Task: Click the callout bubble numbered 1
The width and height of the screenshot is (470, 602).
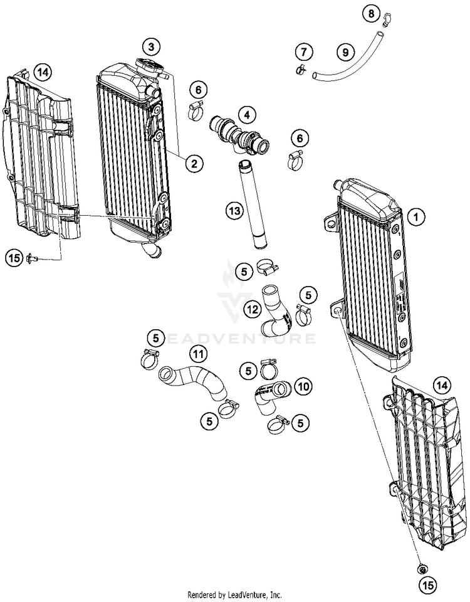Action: coord(414,218)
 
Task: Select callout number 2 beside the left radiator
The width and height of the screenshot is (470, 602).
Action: coord(194,164)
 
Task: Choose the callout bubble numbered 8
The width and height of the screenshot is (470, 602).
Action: coord(370,13)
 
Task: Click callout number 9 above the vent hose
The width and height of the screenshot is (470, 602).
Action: coord(344,53)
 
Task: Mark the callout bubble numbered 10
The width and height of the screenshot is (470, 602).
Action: coord(303,387)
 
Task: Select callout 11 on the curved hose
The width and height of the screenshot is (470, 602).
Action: coord(198,355)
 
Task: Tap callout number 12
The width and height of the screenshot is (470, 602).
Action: coord(251,308)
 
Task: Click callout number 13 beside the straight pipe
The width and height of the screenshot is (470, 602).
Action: coord(234,212)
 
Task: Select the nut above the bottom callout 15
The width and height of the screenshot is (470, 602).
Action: coord(422,569)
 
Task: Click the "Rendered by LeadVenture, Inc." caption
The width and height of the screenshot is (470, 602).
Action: coord(235,594)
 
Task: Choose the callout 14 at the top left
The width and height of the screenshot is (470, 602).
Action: coord(42,73)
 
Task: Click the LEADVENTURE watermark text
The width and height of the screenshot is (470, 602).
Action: coord(238,339)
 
